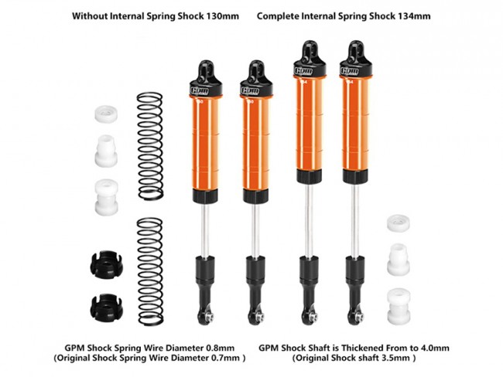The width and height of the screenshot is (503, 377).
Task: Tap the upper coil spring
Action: tap(150, 146)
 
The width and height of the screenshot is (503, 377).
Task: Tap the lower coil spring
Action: tap(150, 272)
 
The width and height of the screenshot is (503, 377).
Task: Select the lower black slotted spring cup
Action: tap(106, 307)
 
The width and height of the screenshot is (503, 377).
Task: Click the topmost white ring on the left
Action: tap(106, 114)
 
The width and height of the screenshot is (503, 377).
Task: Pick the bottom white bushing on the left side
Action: tap(107, 197)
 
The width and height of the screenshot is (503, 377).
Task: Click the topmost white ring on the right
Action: tap(399, 223)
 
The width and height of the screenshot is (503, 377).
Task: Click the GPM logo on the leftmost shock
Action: tap(200, 91)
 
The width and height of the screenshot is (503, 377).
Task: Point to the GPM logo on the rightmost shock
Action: tap(350, 71)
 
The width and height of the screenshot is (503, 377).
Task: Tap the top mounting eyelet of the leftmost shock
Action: tap(205, 67)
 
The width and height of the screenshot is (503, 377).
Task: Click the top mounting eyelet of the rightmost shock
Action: tap(356, 48)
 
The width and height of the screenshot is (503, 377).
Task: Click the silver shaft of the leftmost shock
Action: tap(205, 230)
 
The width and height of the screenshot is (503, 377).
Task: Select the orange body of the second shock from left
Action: tap(255, 144)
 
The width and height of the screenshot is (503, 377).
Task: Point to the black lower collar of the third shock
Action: tap(309, 176)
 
